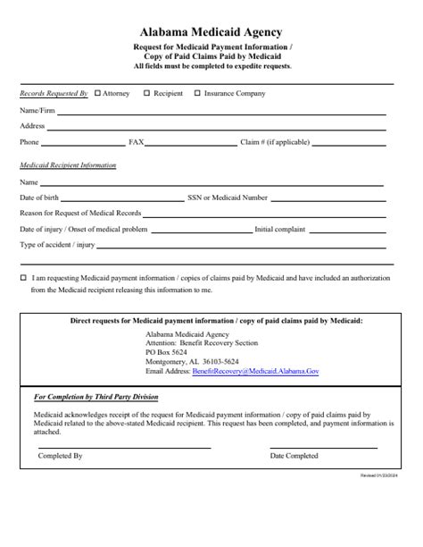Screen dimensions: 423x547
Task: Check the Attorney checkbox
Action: click(x=97, y=93)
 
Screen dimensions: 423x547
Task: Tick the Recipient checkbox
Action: click(x=147, y=93)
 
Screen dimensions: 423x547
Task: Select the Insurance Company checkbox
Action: click(x=198, y=93)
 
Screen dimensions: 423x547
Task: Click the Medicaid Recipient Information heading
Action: click(x=68, y=165)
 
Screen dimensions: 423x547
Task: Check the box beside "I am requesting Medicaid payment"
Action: click(x=22, y=278)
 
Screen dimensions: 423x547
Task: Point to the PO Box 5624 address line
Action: click(x=166, y=352)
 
